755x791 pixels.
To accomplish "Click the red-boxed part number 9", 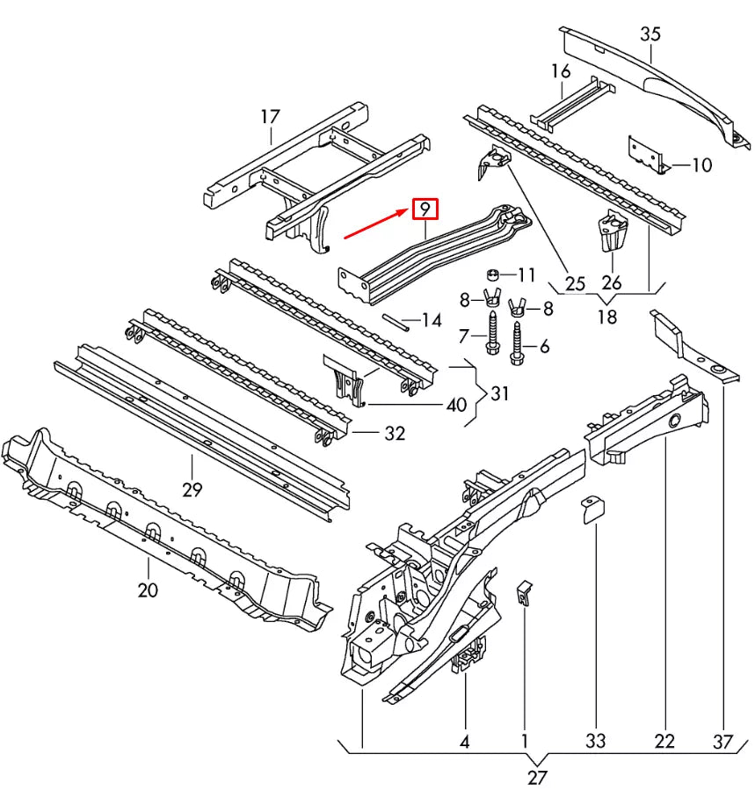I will tap(424, 209).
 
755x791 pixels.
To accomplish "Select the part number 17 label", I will tap(270, 117).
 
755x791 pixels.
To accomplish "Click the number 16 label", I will tap(561, 71).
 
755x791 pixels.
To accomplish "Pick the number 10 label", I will tap(701, 165).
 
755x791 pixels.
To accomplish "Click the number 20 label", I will tap(148, 590).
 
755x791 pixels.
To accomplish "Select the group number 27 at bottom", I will tap(537, 777).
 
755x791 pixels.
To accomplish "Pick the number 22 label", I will tap(664, 741).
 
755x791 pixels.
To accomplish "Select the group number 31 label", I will tap(499, 394).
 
